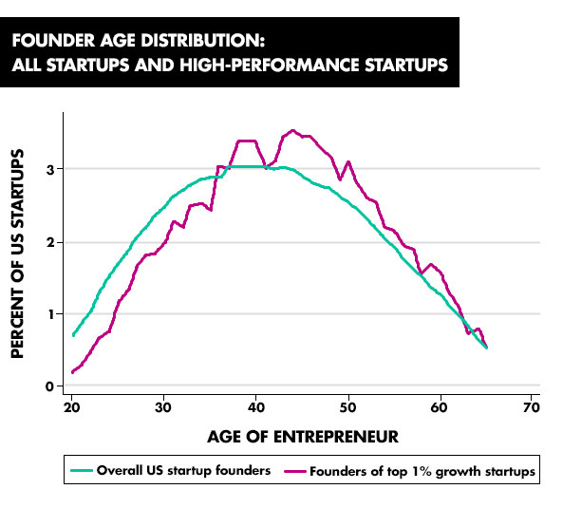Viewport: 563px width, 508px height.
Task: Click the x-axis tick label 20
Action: coord(71,407)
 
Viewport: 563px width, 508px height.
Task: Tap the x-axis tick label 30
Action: coord(163,407)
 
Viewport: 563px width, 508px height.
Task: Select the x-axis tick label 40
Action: coord(256,407)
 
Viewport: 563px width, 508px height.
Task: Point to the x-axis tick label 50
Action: coord(347,407)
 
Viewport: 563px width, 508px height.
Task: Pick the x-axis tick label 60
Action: coord(440,407)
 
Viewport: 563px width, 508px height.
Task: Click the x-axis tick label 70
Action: coord(532,407)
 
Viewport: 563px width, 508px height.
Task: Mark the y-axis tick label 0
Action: coord(49,386)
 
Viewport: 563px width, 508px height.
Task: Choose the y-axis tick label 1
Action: coord(50,314)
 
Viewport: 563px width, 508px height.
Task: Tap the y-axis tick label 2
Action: coord(50,242)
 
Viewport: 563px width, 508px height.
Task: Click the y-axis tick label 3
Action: coord(50,169)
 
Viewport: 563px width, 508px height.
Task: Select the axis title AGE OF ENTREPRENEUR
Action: coord(303,437)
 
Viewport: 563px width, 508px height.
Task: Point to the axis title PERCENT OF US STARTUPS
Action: coord(17,254)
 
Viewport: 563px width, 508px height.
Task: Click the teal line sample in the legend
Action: coord(82,471)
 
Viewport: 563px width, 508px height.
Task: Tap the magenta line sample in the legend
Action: coord(295,471)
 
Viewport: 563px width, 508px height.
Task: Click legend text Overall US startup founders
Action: coord(183,470)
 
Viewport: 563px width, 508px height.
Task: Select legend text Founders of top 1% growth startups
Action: coord(422,471)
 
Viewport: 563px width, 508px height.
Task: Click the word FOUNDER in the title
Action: coord(54,40)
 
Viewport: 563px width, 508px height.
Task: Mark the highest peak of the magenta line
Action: coord(292,131)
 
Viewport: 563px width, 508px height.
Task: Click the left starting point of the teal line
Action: coord(73,335)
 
